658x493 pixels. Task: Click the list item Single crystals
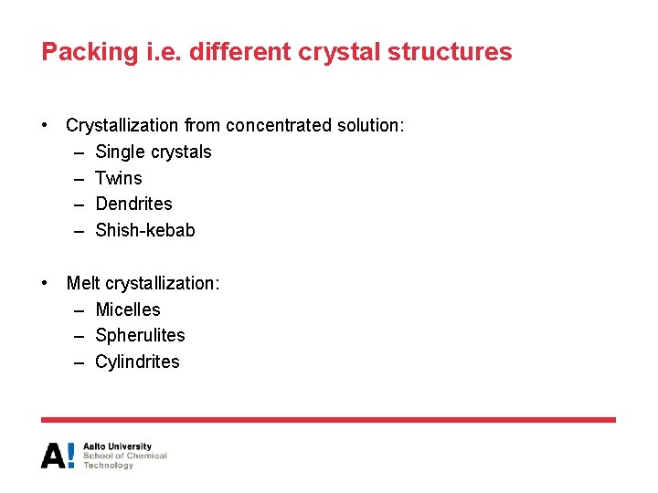[x=153, y=152]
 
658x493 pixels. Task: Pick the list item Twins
[x=119, y=178]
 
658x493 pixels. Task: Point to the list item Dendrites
[x=133, y=204]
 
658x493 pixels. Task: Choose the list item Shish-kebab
[x=144, y=230]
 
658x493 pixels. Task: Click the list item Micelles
[x=127, y=309]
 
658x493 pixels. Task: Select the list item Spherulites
[x=140, y=335]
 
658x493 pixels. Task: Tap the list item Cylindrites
[x=137, y=362]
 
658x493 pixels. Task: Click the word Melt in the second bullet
[x=83, y=283]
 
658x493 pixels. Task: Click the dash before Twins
[x=80, y=178]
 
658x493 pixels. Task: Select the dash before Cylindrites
[x=80, y=362]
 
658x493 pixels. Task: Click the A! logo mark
[x=58, y=455]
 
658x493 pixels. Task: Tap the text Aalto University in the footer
[x=117, y=446]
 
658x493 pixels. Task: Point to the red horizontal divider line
[x=328, y=420]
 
